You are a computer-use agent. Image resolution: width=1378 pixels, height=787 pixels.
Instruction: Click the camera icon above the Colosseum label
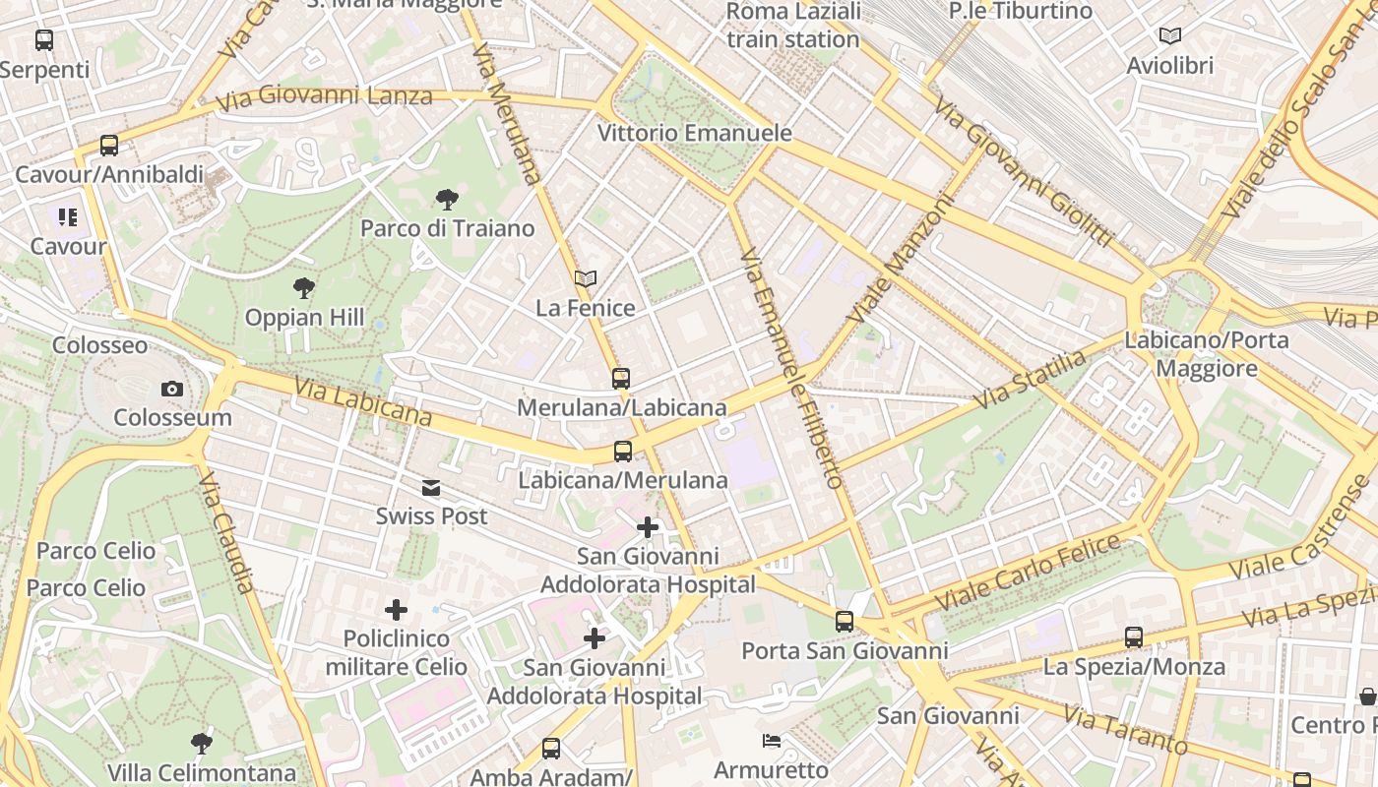pyautogui.click(x=172, y=390)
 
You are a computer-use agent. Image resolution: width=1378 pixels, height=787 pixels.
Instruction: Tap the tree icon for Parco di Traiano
pyautogui.click(x=447, y=200)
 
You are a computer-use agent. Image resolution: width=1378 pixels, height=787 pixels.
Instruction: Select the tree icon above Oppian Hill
pyautogui.click(x=304, y=288)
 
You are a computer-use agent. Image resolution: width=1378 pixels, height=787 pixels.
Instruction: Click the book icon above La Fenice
pyautogui.click(x=586, y=279)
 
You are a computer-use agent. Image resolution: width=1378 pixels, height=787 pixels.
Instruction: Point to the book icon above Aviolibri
pyautogui.click(x=1169, y=36)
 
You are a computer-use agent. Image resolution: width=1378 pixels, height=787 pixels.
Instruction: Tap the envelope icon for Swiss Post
pyautogui.click(x=431, y=488)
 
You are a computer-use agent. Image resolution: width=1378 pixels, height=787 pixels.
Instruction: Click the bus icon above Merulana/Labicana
pyautogui.click(x=620, y=379)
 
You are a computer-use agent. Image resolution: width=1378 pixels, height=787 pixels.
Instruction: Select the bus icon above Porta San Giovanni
pyautogui.click(x=844, y=622)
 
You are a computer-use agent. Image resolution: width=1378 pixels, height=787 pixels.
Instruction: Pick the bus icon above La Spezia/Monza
pyautogui.click(x=1134, y=637)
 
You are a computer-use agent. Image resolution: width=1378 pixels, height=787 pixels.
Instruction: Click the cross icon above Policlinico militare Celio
pyautogui.click(x=396, y=610)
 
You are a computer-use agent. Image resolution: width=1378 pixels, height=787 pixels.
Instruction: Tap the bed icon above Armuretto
pyautogui.click(x=772, y=740)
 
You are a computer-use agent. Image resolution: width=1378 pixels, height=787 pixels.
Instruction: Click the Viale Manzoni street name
pyautogui.click(x=903, y=259)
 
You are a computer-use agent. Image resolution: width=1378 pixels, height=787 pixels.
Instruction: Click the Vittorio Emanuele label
pyautogui.click(x=695, y=133)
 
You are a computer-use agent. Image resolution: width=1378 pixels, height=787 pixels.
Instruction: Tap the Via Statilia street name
pyautogui.click(x=1030, y=380)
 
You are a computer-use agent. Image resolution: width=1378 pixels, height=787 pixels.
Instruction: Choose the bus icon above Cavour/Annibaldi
pyautogui.click(x=108, y=146)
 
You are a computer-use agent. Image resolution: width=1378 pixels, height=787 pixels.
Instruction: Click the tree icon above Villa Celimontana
pyautogui.click(x=201, y=743)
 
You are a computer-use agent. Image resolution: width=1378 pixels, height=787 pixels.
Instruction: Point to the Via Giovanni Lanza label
pyautogui.click(x=324, y=97)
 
